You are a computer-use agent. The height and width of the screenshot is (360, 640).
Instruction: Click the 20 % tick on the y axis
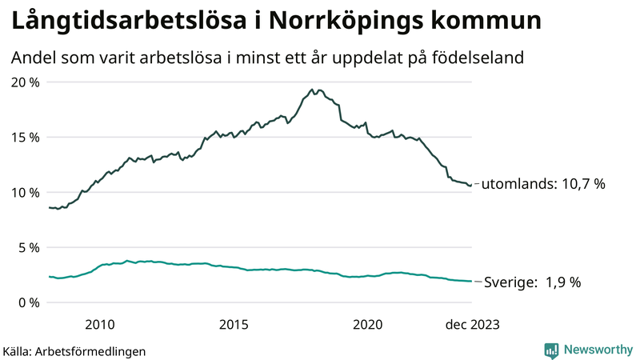[x=25, y=82]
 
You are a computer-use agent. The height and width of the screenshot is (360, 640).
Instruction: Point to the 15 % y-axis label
[x=25, y=137]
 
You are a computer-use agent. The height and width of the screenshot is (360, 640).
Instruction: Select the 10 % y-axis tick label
[x=25, y=192]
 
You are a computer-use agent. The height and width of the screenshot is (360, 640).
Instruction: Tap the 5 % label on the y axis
[x=28, y=247]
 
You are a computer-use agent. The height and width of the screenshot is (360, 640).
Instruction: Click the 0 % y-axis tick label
[x=28, y=302]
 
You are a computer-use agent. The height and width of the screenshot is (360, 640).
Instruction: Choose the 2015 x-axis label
[x=234, y=324]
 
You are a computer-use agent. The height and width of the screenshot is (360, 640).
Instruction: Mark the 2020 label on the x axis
[x=368, y=324]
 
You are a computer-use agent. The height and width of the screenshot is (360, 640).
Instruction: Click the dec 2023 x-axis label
[x=472, y=324]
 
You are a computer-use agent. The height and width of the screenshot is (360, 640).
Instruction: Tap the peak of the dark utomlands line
[x=311, y=90]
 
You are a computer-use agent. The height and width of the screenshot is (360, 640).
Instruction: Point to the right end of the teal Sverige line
[x=471, y=282]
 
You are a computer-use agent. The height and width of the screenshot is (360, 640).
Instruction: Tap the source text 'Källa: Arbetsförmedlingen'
[x=74, y=350]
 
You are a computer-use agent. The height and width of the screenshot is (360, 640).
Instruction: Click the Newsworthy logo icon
[x=551, y=350]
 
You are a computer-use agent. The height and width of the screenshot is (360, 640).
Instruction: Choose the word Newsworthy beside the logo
[x=597, y=350]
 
